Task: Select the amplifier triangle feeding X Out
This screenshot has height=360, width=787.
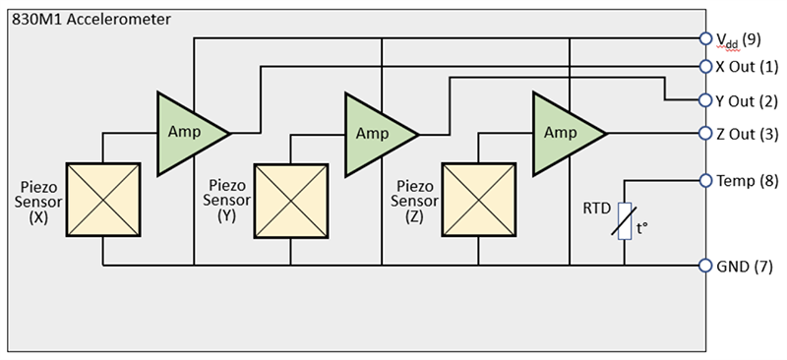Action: (x=187, y=131)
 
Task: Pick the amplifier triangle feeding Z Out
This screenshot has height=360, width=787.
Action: (x=564, y=132)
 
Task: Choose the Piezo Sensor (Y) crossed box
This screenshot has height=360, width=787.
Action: (x=290, y=201)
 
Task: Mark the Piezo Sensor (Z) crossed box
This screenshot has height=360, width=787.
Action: (x=478, y=200)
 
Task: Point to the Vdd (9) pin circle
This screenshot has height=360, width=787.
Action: (x=704, y=39)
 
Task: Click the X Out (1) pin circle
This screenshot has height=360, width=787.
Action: (x=704, y=67)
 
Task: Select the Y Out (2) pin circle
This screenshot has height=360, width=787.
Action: (x=704, y=100)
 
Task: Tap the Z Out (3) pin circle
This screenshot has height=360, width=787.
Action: (x=704, y=133)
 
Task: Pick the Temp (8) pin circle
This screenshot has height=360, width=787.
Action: (x=704, y=180)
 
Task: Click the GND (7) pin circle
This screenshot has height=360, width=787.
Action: (x=704, y=266)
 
